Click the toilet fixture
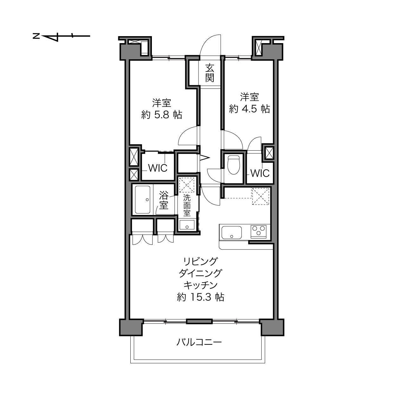point(234,165)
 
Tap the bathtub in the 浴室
point(143,200)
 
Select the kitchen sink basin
point(231,233)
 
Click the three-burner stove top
point(258,231)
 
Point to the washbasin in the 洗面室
point(187,225)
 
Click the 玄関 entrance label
point(210,73)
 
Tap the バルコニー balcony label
point(199,342)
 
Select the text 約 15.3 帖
point(200,297)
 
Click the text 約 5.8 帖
point(162,114)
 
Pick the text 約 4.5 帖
point(250,108)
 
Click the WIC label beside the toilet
point(260,173)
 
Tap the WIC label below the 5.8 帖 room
point(158,168)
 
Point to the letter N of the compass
point(36,36)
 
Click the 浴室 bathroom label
point(164,200)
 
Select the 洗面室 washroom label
point(187,205)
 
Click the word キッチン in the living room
point(200,285)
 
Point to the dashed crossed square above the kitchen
point(261,196)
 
